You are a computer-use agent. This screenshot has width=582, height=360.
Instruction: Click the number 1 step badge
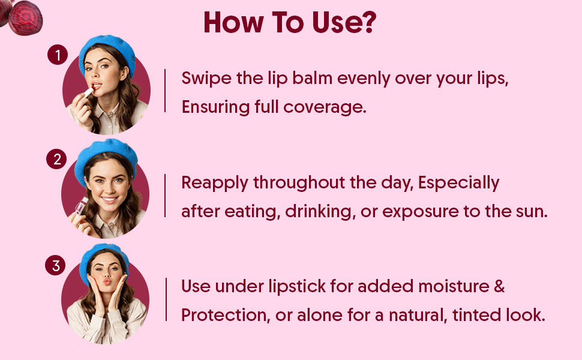coord(58,55)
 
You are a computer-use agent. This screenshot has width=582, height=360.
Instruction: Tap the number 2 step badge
coord(56,159)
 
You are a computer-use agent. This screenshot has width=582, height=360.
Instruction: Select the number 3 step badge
coord(55,265)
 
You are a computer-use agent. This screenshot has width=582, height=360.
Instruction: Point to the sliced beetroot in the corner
coord(25,18)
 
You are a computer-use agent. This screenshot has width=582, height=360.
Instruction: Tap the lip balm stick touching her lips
coord(88,91)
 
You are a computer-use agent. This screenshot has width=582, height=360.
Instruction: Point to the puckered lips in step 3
coord(107,281)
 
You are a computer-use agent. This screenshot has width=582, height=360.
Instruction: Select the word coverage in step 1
coord(325,107)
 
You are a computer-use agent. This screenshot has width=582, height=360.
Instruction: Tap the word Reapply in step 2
coord(215,184)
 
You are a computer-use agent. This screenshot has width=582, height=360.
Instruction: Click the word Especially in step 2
coord(458,184)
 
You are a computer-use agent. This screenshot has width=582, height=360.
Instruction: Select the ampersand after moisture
coord(499,286)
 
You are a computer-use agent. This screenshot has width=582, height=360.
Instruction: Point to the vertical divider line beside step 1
coord(165,91)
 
